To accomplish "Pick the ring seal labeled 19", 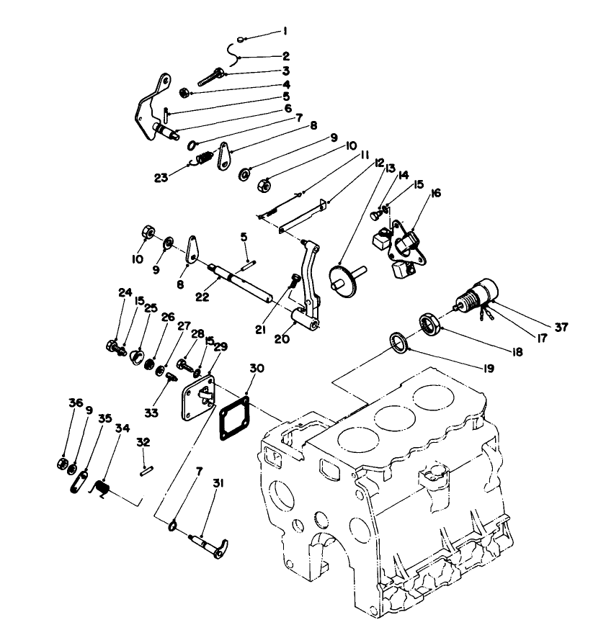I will pyautogui.click(x=398, y=342).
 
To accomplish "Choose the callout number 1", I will pyautogui.click(x=285, y=31).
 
